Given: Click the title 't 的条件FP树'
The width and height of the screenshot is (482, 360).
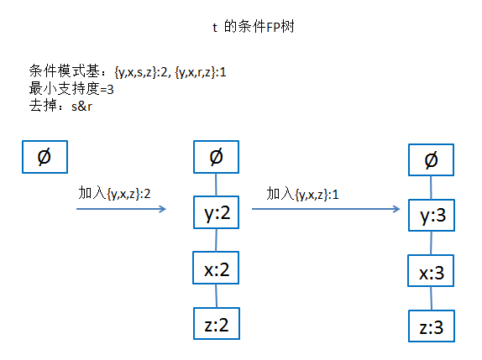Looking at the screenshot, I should pyautogui.click(x=252, y=28).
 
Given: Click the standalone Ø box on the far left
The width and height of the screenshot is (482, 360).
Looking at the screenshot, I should pyautogui.click(x=44, y=156).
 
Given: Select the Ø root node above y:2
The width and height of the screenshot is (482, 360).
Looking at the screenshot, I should pyautogui.click(x=217, y=156).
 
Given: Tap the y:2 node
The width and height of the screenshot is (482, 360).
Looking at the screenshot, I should pyautogui.click(x=217, y=215).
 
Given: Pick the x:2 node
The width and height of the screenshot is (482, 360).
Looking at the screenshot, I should pyautogui.click(x=217, y=269).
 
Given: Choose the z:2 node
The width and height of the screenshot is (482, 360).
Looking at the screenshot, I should pyautogui.click(x=217, y=323).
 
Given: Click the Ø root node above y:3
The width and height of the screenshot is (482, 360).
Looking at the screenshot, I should pyautogui.click(x=431, y=159).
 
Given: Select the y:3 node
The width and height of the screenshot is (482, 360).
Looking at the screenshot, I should pyautogui.click(x=431, y=217).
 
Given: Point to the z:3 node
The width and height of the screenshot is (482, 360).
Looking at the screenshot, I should pyautogui.click(x=431, y=326).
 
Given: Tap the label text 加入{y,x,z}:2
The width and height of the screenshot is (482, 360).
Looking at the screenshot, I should pyautogui.click(x=115, y=194).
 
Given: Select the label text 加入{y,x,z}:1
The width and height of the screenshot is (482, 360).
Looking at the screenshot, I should pyautogui.click(x=303, y=194).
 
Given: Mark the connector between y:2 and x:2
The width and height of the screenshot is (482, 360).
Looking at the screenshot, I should pyautogui.click(x=217, y=242).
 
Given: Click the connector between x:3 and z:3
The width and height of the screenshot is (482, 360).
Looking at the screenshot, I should pyautogui.click(x=431, y=300).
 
